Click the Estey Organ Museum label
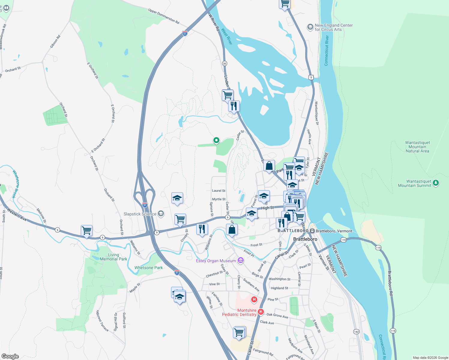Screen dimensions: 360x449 tap(216, 261)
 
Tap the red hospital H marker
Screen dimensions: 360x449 tap(254, 299)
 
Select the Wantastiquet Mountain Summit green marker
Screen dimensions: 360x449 tap(436, 182)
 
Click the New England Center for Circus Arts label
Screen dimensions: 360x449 tap(333, 27)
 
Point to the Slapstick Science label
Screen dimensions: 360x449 tap(140, 214)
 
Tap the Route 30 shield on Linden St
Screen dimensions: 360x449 tap(224, 63)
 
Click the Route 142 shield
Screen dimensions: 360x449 tap(356, 331)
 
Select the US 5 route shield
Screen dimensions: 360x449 tap(311, 77)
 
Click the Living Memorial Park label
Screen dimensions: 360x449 tap(113, 257)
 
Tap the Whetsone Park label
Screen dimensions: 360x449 tap(149, 268)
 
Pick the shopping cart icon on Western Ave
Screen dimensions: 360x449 tap(86, 231)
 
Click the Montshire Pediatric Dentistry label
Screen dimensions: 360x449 tap(239, 312)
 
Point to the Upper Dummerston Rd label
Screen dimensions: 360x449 tap(164, 16)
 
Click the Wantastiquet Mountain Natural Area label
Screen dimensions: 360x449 tap(417, 147)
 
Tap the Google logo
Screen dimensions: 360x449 tap(10, 356)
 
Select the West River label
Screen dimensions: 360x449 tap(227, 37)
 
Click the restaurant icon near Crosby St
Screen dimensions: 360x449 tap(202, 229)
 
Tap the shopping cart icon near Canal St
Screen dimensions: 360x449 tap(239, 332)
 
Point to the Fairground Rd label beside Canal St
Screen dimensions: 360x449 tap(263, 352)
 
